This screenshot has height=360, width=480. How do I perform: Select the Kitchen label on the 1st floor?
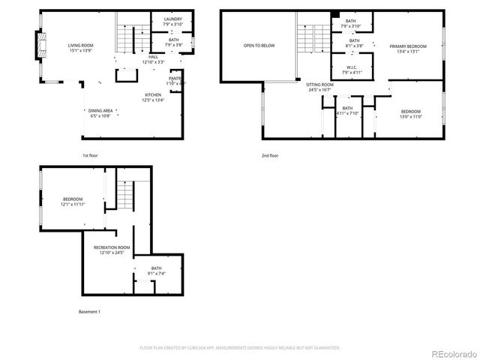click(x=153, y=97)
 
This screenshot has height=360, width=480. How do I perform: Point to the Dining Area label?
click(x=100, y=113)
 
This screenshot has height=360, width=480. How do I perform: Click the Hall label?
click(x=153, y=58)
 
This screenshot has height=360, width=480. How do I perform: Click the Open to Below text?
click(x=258, y=46)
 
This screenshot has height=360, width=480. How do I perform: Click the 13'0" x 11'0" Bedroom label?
click(x=410, y=113)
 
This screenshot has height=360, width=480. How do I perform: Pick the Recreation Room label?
click(x=111, y=250)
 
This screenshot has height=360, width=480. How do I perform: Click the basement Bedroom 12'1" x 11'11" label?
click(x=73, y=201)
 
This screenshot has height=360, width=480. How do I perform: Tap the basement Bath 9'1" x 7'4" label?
click(x=156, y=271)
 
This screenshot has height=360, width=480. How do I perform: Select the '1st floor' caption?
click(x=90, y=155)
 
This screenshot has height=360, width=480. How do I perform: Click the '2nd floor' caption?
click(x=269, y=155)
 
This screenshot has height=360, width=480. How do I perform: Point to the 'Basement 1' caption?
click(x=89, y=311)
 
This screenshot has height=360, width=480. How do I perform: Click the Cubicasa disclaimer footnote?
click(x=240, y=348)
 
